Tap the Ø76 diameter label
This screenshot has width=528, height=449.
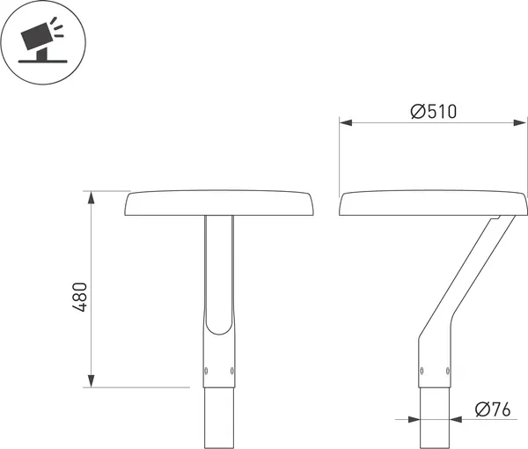(x=494, y=409)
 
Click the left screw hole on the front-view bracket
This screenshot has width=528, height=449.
(x=208, y=369)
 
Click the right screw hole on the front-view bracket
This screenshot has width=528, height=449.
(x=231, y=369)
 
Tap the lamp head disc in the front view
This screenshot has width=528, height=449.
(x=219, y=203)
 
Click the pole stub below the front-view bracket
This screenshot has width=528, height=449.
(x=219, y=418)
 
